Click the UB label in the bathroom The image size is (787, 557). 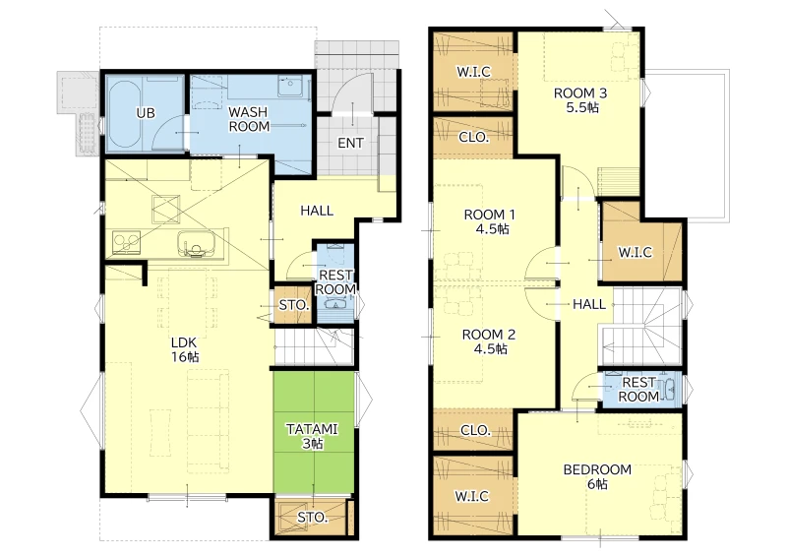(146, 113)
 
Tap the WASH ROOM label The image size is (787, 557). (249, 119)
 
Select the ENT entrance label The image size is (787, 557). (350, 143)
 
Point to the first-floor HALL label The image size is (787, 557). (317, 211)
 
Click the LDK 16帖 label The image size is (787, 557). (185, 349)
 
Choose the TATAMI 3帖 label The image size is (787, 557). (312, 437)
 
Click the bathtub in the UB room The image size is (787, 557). (124, 113)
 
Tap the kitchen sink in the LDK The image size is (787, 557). (196, 244)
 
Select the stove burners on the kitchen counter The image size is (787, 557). (126, 243)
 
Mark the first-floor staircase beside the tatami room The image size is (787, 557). (313, 346)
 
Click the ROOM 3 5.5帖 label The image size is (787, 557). (580, 100)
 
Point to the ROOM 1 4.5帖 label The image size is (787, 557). (490, 221)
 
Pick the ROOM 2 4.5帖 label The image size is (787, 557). (489, 341)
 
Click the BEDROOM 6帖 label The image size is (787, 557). (597, 476)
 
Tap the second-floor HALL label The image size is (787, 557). (589, 304)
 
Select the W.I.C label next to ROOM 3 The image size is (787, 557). (474, 72)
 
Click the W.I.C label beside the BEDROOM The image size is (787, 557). (472, 496)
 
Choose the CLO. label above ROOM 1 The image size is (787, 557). (474, 137)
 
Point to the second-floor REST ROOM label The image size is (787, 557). (638, 390)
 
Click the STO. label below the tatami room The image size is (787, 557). (312, 518)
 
